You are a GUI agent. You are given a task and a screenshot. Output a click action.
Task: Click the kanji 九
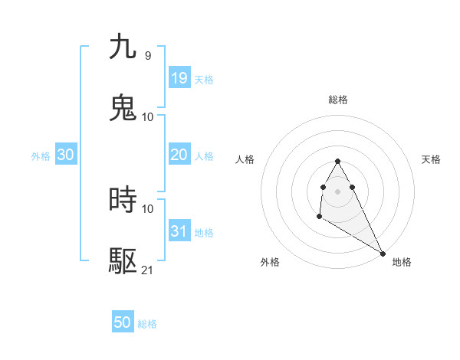coord(123,47)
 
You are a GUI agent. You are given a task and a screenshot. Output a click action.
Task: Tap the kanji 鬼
coord(123,108)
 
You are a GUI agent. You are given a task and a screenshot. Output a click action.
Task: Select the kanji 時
coord(123,200)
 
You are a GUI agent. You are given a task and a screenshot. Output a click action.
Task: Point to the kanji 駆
coord(123,261)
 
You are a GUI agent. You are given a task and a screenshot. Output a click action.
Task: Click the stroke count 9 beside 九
coord(147,55)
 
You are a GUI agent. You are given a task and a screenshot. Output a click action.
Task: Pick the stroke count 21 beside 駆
coord(148,270)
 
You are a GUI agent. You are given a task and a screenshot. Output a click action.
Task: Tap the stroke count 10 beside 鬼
coord(148,116)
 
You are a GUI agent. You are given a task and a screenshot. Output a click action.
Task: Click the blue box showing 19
coord(179,78)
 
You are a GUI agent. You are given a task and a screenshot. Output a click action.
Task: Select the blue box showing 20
coord(179,155)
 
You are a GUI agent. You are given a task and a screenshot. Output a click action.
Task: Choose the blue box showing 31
coord(179,231)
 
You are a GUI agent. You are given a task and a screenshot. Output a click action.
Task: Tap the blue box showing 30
coord(65,155)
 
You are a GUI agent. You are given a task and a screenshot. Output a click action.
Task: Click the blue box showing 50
coord(122,322)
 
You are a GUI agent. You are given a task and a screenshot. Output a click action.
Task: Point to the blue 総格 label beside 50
coord(147,324)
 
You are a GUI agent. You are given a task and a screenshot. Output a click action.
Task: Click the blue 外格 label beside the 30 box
coord(41,156)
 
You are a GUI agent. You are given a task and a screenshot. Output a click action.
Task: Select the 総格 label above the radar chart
coord(337,100)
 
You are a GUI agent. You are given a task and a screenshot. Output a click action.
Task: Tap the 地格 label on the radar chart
coord(402,262)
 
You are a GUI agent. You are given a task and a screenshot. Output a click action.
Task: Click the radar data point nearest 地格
coord(383,253)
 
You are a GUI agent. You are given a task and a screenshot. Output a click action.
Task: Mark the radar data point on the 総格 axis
coord(337,162)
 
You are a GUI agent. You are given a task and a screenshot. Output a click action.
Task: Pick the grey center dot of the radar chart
coord(337,191)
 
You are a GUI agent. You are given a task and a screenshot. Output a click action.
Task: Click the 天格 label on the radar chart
coord(431,159)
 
